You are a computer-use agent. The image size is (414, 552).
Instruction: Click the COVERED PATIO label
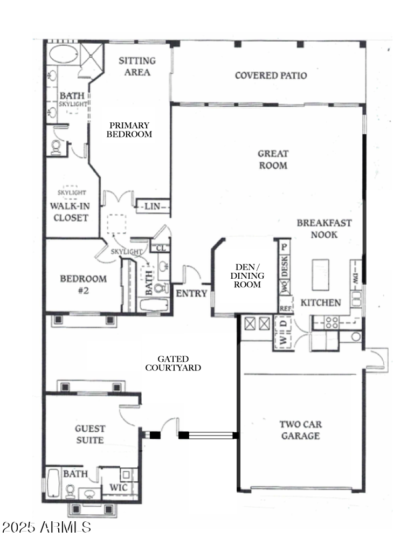(271, 75)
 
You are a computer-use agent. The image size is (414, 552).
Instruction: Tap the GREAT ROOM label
(273, 160)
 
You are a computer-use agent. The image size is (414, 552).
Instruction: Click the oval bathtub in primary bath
(63, 55)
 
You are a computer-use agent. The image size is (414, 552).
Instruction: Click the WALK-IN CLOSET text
(69, 211)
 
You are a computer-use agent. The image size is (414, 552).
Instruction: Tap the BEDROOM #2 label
(83, 284)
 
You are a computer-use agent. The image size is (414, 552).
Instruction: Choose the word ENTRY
(192, 293)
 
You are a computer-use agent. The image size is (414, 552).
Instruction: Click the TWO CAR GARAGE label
(300, 430)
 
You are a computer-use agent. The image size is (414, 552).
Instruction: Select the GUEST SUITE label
(90, 434)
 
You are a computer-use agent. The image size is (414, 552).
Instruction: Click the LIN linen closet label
(151, 205)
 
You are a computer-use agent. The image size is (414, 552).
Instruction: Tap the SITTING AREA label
(137, 66)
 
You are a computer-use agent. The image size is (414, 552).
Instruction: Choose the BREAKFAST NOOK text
(324, 228)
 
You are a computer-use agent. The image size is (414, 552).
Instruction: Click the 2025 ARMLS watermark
(46, 527)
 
